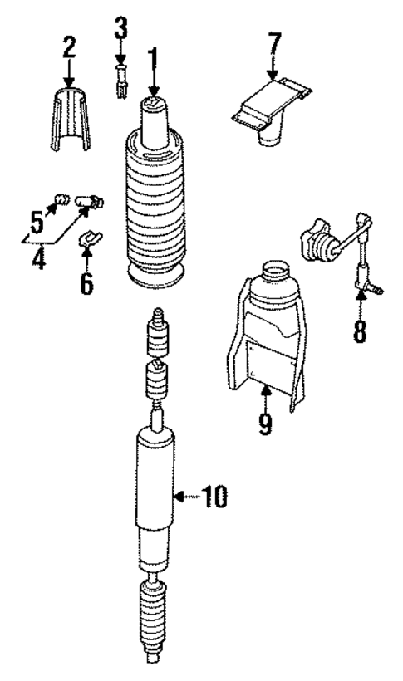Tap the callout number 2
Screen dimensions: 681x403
pos(69,48)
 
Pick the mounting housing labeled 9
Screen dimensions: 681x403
pos(264,332)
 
